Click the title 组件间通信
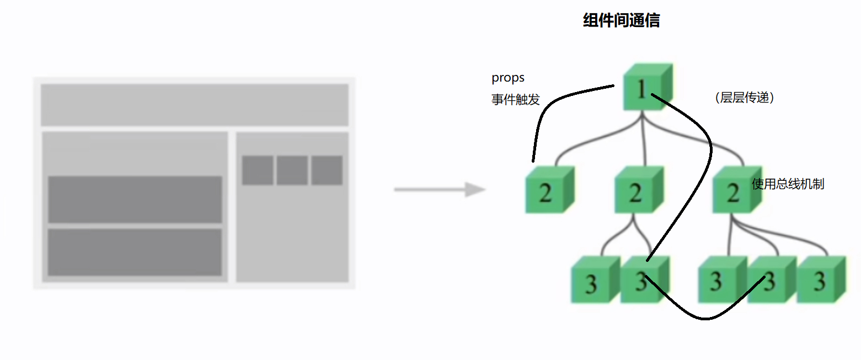[621, 21]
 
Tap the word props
[508, 78]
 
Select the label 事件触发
[515, 100]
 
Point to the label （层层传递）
[745, 98]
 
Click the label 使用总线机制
[788, 184]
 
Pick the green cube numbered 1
[645, 88]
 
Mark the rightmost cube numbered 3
[820, 281]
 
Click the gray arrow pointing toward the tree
[439, 190]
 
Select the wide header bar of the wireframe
[194, 105]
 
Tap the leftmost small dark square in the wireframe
[258, 170]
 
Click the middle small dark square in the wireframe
[292, 170]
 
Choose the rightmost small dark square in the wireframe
[327, 170]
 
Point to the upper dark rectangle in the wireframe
[135, 200]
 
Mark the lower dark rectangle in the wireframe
[135, 252]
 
